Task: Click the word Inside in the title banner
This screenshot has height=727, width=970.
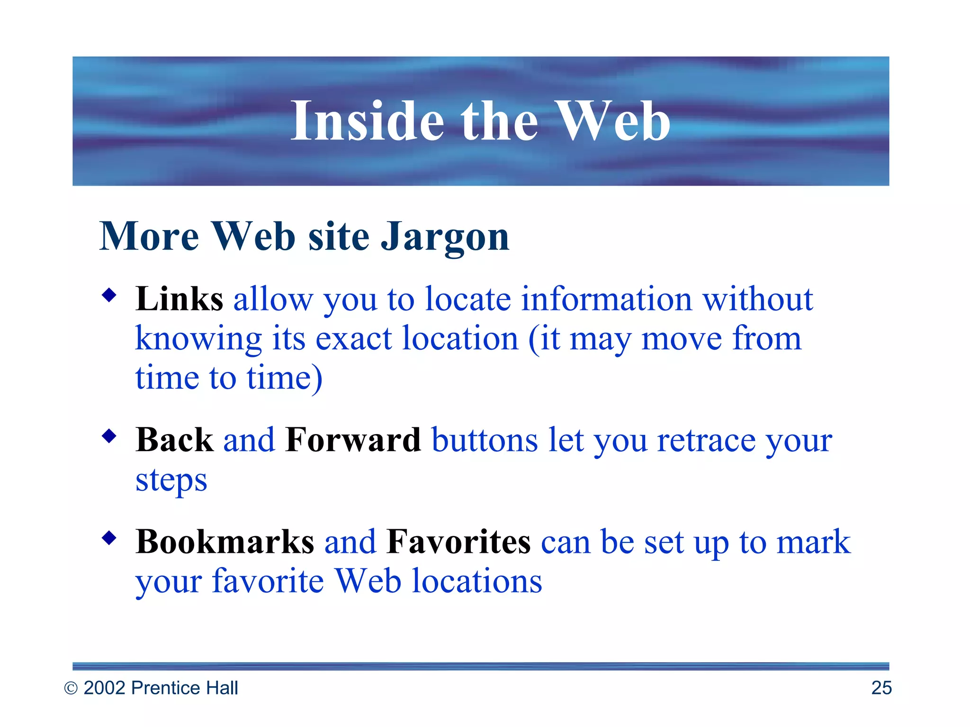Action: tap(367, 121)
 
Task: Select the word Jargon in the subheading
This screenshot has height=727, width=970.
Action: tap(445, 237)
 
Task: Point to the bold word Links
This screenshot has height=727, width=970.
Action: tap(179, 299)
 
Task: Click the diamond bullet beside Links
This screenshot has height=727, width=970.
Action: tap(109, 296)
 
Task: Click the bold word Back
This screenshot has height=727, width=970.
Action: tap(174, 440)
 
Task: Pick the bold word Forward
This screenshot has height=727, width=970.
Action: tap(353, 440)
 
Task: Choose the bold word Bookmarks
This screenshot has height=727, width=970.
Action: tap(225, 541)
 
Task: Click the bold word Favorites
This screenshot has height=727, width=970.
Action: tap(458, 541)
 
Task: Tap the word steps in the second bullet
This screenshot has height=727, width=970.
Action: tap(171, 481)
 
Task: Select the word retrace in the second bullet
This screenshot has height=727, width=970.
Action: tap(706, 440)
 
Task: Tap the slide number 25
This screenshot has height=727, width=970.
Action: tap(881, 688)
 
